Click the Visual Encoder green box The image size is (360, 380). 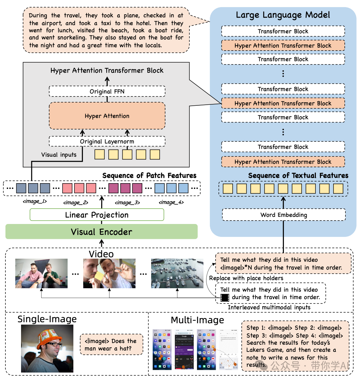pos(101,232)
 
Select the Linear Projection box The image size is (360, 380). pos(97,215)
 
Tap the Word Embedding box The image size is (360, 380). pos(284,215)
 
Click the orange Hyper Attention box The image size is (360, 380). pos(107,116)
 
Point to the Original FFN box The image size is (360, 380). pos(107,91)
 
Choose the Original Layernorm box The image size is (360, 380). pos(107,141)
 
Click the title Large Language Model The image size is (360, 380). pos(283,15)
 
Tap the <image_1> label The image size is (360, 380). pos(34,202)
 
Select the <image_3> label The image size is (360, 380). pos(127,203)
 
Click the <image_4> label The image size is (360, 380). pos(171,202)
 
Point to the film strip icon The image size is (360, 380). pos(224,298)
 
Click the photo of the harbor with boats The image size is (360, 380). pos(177,273)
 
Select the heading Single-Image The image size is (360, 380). pos(47,319)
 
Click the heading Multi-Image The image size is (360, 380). pos(197,320)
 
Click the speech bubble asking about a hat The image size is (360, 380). pos(111,344)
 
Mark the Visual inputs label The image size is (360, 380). pos(59,155)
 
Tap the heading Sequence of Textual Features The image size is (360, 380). pos(298,176)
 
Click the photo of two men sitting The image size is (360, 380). pos(41,273)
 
